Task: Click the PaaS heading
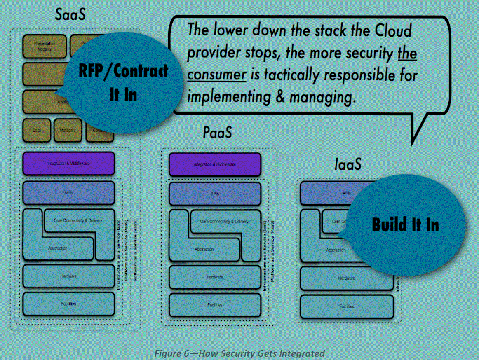tap(217, 133)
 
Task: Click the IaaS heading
tap(348, 164)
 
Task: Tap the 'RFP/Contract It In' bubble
tap(123, 82)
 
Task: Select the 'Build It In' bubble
tap(405, 224)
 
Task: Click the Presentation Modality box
tap(45, 46)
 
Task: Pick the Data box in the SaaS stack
tap(37, 130)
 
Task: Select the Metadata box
tap(68, 130)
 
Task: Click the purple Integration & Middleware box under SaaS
tap(68, 164)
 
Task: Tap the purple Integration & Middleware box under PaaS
tap(215, 164)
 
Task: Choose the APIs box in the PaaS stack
tap(215, 194)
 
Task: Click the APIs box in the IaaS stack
tap(326, 193)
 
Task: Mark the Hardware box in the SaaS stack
tap(68, 276)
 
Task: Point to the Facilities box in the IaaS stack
tap(347, 306)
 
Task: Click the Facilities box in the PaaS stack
tap(215, 305)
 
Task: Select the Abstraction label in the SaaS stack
tap(58, 248)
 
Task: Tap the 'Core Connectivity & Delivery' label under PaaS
tap(224, 221)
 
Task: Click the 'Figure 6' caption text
tap(239, 353)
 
